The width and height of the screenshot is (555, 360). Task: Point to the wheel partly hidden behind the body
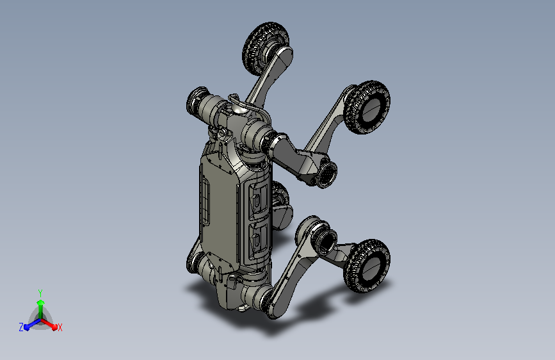tap(282, 205)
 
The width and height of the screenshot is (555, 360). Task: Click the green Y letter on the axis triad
tap(40, 293)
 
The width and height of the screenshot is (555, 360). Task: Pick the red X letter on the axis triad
tap(60, 327)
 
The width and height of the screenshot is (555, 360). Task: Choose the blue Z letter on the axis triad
tap(21, 327)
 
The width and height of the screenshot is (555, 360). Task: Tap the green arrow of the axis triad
tap(41, 309)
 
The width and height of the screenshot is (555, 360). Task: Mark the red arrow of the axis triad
tap(49, 324)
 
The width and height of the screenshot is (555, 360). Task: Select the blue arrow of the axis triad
tap(32, 324)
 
